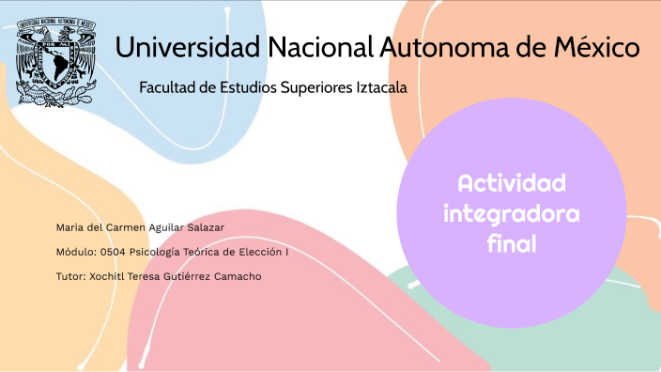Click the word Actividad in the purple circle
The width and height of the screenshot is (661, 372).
(511, 182)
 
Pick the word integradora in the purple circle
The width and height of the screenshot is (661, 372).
(511, 214)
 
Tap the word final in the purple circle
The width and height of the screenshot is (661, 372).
(511, 245)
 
